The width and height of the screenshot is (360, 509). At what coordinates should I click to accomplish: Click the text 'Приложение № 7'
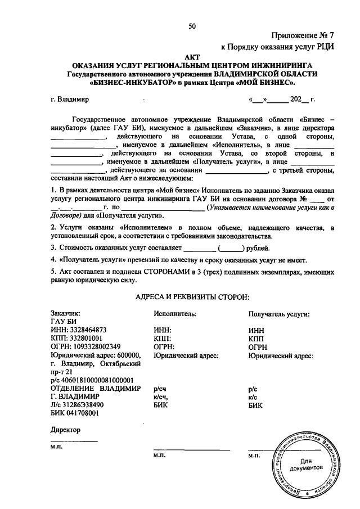point(304,35)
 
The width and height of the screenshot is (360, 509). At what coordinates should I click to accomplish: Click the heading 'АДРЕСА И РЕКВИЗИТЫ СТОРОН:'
point(192,296)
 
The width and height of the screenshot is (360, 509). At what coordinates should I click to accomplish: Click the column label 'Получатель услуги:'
point(279,314)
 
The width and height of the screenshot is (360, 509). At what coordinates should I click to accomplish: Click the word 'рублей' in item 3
point(257,247)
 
